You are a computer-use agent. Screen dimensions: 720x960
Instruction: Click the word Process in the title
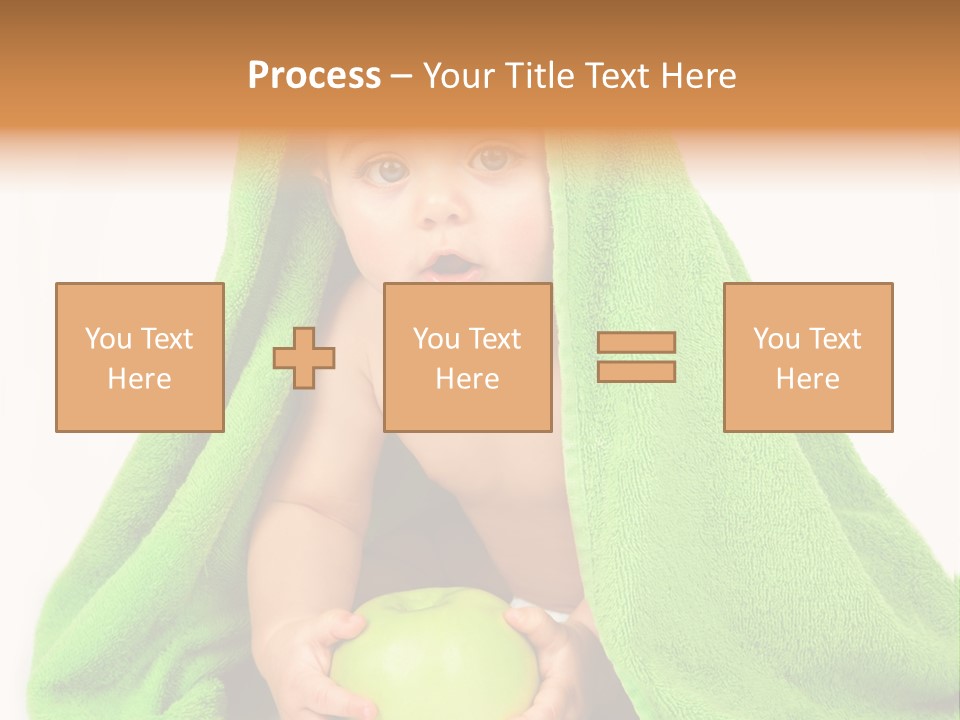point(314,76)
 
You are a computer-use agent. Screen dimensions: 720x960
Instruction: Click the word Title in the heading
point(540,76)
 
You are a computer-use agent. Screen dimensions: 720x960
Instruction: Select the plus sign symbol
point(304,358)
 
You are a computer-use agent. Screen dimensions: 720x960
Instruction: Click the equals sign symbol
point(636,357)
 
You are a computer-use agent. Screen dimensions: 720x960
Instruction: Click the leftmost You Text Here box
point(140,357)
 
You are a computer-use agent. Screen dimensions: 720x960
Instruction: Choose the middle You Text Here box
point(468,357)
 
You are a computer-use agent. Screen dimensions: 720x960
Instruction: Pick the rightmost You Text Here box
point(808,357)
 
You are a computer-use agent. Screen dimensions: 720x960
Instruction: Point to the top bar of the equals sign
point(636,343)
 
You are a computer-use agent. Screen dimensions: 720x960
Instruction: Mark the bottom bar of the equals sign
point(636,371)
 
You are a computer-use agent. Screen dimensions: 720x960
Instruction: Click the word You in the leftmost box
point(108,339)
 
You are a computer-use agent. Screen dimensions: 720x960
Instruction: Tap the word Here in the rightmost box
point(808,379)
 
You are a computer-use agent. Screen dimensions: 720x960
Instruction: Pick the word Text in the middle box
point(495,339)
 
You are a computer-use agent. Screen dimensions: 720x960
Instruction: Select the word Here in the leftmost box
point(140,379)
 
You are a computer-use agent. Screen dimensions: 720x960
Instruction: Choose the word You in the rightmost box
point(776,339)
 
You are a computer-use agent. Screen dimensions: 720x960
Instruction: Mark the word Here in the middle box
point(468,379)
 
